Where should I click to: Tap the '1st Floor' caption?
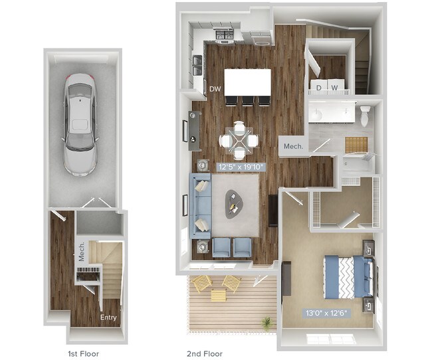[84, 354]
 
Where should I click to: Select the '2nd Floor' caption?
[205, 354]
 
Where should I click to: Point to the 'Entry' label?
[109, 317]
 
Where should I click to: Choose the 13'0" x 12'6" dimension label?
[326, 311]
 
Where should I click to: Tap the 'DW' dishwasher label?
[215, 88]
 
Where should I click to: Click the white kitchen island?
[248, 82]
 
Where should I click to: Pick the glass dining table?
[239, 139]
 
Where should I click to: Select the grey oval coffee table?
[235, 204]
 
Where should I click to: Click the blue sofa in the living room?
[201, 205]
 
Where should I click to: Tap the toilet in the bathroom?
[365, 115]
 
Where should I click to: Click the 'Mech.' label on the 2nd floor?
[294, 146]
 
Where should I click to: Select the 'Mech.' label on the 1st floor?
[82, 252]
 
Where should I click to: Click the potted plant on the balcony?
[267, 323]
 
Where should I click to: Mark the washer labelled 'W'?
[335, 88]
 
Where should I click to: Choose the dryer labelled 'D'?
[319, 88]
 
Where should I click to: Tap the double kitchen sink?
[198, 64]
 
